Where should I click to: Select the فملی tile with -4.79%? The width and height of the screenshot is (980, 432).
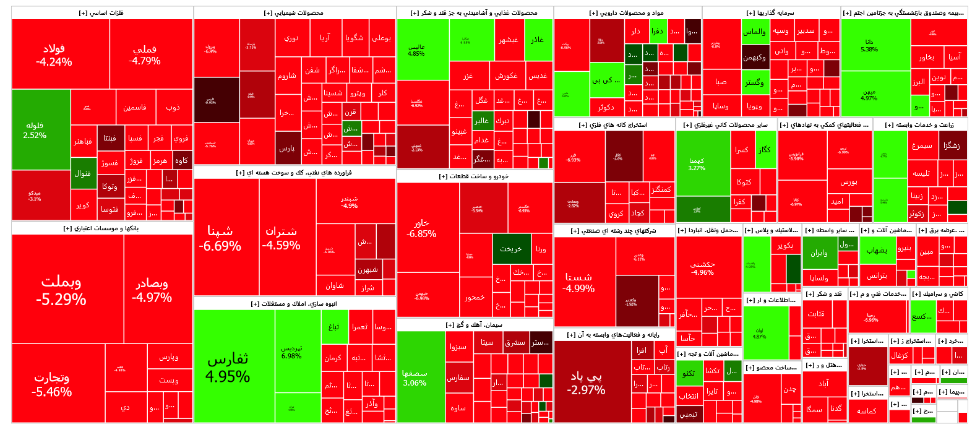[x=145, y=54]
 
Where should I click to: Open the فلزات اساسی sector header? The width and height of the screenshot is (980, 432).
[x=101, y=13]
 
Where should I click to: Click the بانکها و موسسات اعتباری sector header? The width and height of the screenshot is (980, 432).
[x=101, y=228]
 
